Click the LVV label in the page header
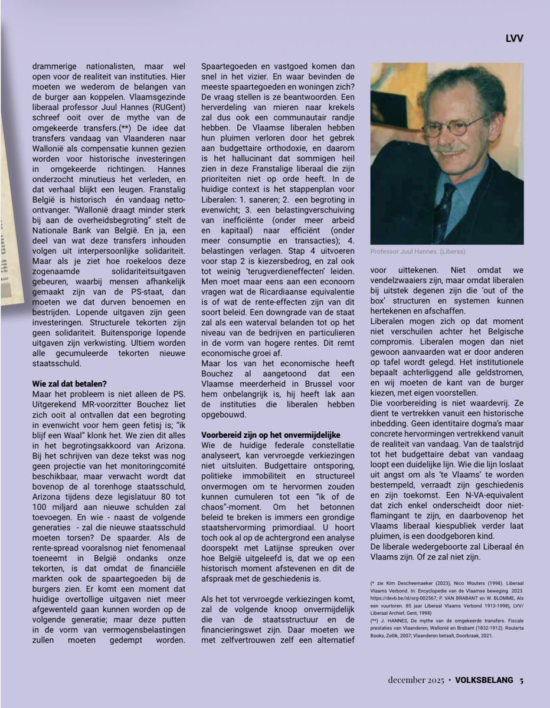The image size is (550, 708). click(x=514, y=39)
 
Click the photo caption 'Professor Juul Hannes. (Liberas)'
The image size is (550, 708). click(x=418, y=251)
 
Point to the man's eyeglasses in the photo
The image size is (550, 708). click(x=454, y=126)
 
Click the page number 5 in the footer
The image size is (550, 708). click(x=522, y=679)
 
